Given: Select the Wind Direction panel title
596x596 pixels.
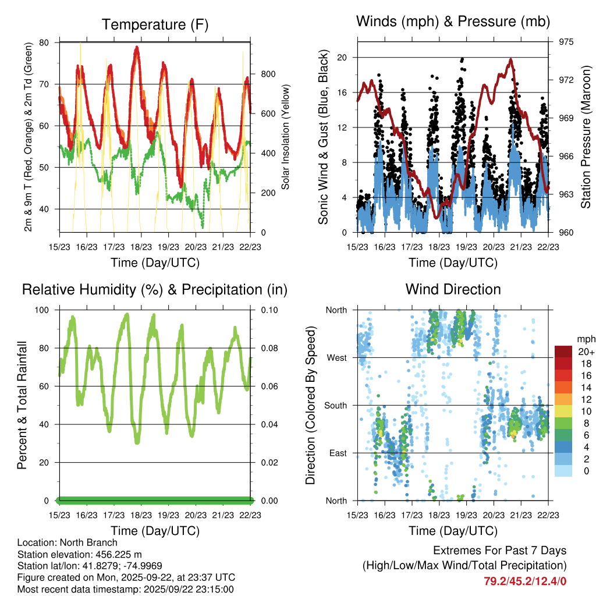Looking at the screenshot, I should coord(453,289).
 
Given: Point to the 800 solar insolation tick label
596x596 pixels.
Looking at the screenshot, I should coord(268,74).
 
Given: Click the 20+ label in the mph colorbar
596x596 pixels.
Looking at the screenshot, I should coord(586,352).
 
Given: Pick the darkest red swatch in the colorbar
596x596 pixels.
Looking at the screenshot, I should coord(563,352).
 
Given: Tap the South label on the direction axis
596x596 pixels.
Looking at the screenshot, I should coord(335,405).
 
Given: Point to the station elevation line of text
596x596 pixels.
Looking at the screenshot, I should coord(80,554).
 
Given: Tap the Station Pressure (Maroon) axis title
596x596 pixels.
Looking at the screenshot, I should coord(586,137).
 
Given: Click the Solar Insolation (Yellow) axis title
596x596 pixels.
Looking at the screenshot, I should coord(285,137).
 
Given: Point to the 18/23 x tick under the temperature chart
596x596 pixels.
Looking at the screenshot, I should coord(141,247).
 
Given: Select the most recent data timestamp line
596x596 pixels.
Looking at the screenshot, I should coord(125,589).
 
